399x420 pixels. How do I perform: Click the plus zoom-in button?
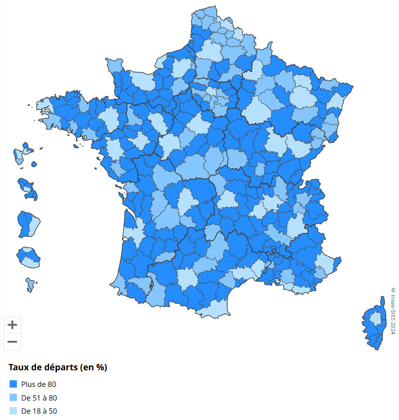coord(12,325)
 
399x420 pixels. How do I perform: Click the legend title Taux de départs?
coord(57,368)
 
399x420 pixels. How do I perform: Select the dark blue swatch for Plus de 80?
coord(13,384)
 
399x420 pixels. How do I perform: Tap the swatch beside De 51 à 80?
coord(13,398)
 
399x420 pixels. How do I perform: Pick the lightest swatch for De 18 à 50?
coord(13,411)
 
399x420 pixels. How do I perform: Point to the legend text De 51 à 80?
coord(39,398)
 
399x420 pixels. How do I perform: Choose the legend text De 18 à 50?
coord(39,411)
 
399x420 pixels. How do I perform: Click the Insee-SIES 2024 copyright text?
coord(393,310)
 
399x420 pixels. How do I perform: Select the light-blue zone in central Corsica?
coord(376,319)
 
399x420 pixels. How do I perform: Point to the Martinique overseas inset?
coord(27,189)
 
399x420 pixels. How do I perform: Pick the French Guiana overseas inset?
coord(27,223)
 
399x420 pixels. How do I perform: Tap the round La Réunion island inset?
coord(28,257)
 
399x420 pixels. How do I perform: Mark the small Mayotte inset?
coord(31,285)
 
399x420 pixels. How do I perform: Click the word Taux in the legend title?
coord(18,368)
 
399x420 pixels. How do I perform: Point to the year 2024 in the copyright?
coord(393,326)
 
